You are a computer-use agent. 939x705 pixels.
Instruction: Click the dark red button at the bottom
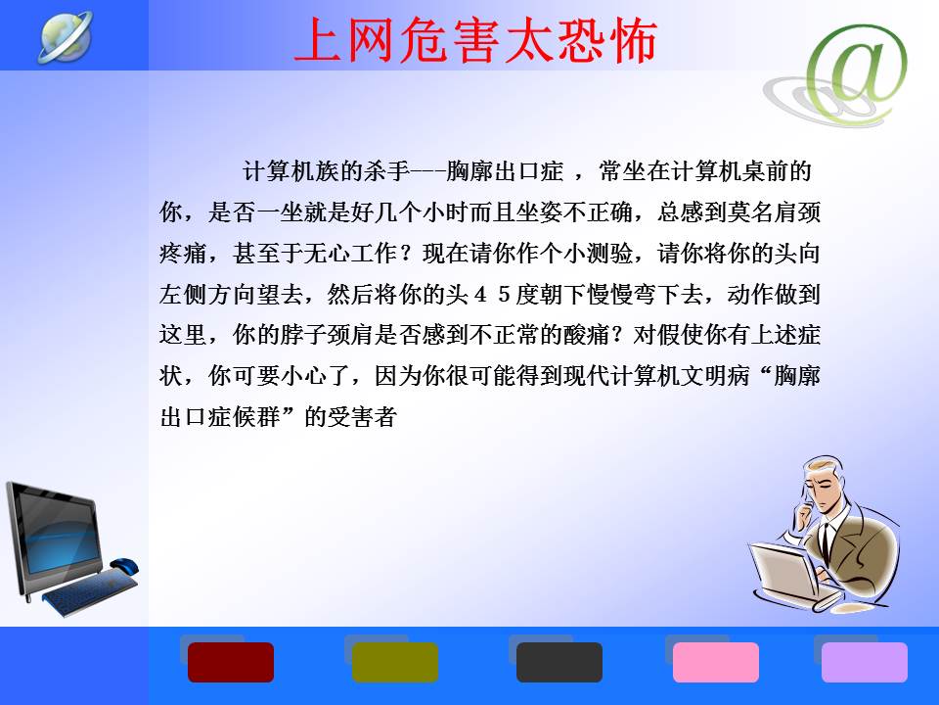click(231, 662)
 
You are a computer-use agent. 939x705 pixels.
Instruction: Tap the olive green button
click(394, 662)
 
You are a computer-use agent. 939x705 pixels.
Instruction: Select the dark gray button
click(559, 662)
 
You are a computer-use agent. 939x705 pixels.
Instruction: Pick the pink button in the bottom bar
click(716, 662)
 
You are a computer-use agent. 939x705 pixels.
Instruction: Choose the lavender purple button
click(864, 662)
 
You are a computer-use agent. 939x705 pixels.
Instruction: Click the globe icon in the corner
click(66, 36)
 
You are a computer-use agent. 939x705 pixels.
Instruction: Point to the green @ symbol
click(858, 70)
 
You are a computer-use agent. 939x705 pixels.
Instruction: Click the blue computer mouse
click(124, 565)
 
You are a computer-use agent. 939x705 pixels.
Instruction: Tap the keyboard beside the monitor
click(90, 591)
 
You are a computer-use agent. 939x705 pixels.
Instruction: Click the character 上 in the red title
click(318, 40)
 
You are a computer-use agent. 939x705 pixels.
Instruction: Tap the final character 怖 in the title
click(633, 40)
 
